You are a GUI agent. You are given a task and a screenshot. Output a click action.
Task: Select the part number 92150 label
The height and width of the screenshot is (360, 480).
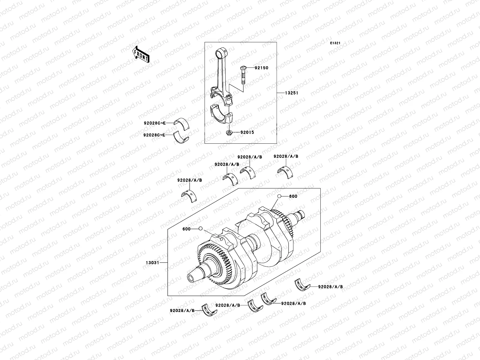pos(261,68)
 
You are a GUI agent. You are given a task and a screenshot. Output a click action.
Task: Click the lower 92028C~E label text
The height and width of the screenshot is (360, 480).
pos(154,135)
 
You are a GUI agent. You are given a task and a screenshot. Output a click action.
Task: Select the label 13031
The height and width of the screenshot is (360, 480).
pos(152,263)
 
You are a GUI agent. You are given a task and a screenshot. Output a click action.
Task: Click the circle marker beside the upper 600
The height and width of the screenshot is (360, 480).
pos(279,196)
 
